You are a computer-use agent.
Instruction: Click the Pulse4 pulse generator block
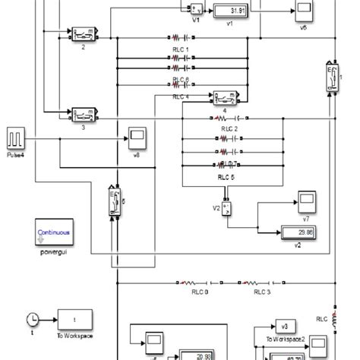pyautogui.click(x=17, y=138)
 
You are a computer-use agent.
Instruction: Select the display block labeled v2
pyautogui.click(x=302, y=232)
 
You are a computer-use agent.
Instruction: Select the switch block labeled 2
pyautogui.click(x=83, y=35)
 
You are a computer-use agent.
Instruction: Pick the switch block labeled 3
pyautogui.click(x=83, y=115)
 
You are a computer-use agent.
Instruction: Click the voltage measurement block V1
pyautogui.click(x=194, y=10)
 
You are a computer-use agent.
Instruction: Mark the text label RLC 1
pyautogui.click(x=180, y=49)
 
